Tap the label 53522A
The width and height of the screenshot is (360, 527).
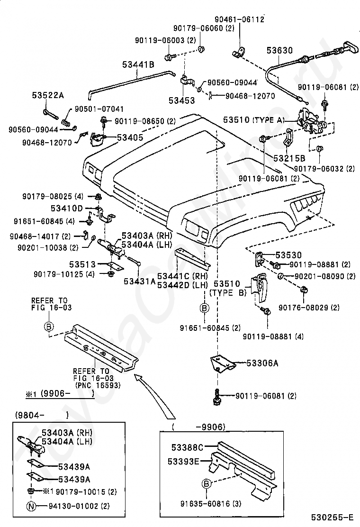coord(48,95)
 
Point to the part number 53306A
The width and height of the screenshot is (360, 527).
coord(262,363)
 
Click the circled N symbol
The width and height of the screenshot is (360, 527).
coord(31,506)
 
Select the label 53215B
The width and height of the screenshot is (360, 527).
coord(288,158)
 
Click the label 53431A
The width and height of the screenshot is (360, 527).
coord(140,282)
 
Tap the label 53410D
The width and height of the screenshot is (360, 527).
coord(67,208)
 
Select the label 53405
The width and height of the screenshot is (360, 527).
coord(130,137)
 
